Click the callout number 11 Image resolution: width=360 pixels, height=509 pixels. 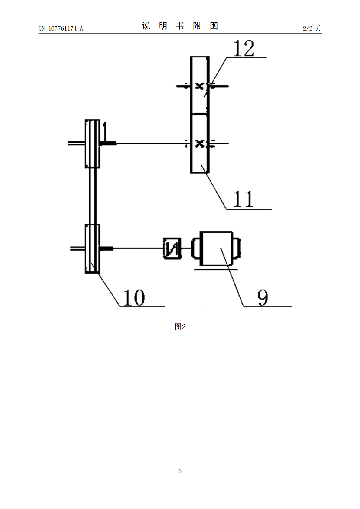click(243, 199)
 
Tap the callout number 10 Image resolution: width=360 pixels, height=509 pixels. click(134, 297)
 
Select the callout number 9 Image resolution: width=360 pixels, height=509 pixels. click(263, 298)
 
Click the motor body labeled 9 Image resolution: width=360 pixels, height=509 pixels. click(216, 248)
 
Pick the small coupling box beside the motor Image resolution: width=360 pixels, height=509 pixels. click(172, 248)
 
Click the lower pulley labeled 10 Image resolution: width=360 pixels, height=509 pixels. click(92, 248)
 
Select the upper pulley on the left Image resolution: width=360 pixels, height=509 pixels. click(92, 144)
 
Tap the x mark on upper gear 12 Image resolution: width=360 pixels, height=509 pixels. click(200, 86)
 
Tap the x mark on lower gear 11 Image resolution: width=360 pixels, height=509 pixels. click(200, 144)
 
